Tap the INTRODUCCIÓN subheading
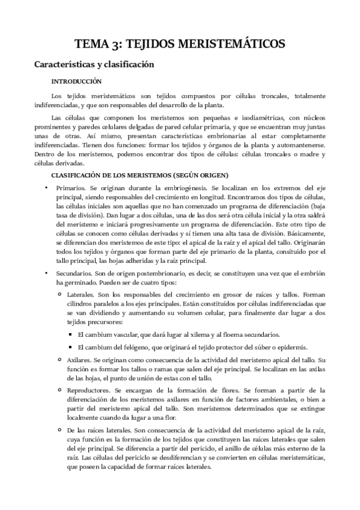point(76,81)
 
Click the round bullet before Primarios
point(47,188)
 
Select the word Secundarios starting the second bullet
point(74,274)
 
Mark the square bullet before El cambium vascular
point(70,334)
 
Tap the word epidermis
point(293,347)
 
